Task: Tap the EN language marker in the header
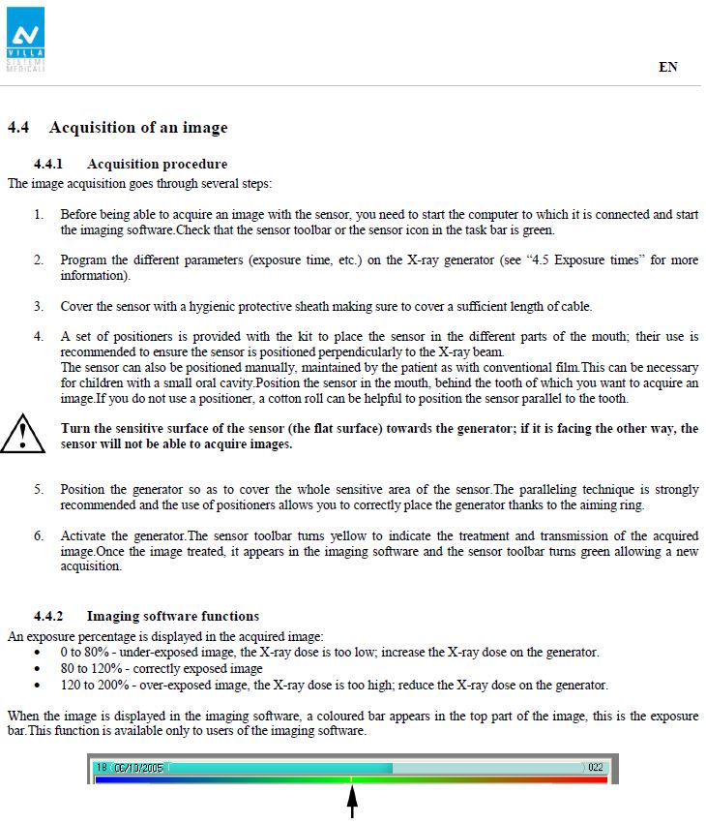pos(668,67)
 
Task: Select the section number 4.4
pos(18,128)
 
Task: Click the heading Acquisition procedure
pos(157,164)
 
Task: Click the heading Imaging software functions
pos(172,616)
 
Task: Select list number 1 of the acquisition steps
pos(39,214)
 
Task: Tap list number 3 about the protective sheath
pos(39,307)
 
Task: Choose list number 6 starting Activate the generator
pos(39,536)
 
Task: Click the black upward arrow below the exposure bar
pos(352,803)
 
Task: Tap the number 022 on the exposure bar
pos(596,766)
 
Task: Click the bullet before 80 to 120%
pos(37,668)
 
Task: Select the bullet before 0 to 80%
pos(37,652)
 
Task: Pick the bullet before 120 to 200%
pos(37,685)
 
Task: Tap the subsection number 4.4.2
pos(47,616)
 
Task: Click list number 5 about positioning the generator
pos(39,490)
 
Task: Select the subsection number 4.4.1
pos(47,164)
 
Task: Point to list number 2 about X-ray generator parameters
pos(39,260)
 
